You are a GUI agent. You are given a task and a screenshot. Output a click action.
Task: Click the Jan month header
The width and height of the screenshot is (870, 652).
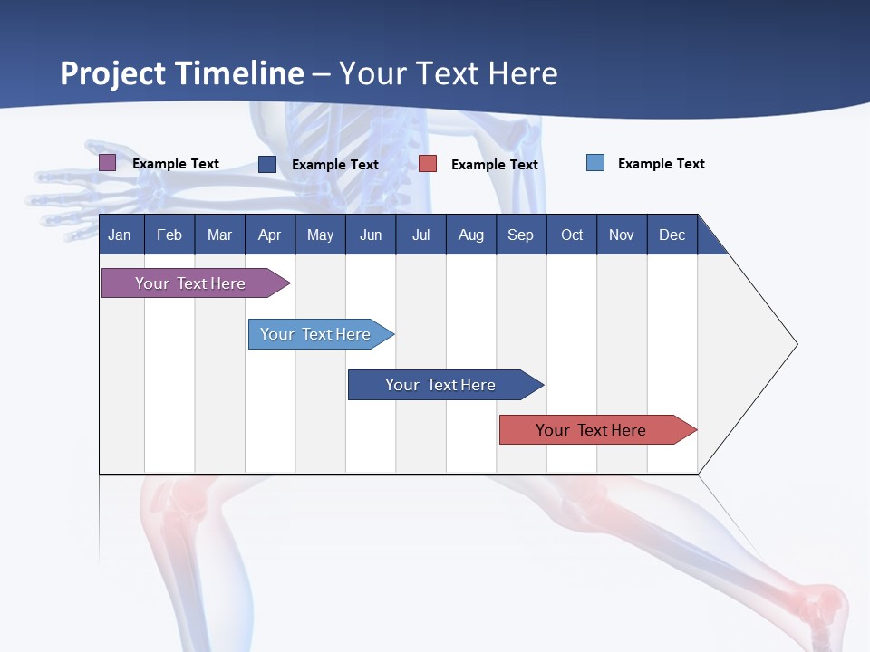click(x=120, y=235)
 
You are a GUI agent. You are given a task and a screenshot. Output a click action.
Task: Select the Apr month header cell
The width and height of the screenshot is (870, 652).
click(x=269, y=235)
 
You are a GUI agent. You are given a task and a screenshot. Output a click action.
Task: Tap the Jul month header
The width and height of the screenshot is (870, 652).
click(x=420, y=235)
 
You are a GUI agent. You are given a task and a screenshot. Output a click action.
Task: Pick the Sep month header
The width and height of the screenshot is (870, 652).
click(x=520, y=235)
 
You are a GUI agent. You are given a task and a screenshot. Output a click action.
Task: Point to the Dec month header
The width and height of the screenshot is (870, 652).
click(x=672, y=235)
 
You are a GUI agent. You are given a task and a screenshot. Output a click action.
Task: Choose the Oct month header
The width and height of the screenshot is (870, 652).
click(x=572, y=235)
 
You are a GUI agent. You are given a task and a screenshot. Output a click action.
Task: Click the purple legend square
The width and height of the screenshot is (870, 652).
click(x=107, y=163)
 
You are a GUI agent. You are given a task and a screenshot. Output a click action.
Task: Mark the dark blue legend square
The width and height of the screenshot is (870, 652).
click(x=267, y=164)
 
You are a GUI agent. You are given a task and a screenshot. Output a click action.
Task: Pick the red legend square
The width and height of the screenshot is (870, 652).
click(x=428, y=164)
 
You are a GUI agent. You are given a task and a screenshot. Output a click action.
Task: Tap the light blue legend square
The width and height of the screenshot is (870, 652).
click(x=595, y=163)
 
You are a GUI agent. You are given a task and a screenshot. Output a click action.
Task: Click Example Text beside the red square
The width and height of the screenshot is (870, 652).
click(x=494, y=165)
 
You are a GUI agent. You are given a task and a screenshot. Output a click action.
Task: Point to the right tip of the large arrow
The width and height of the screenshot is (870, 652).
click(x=796, y=344)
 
